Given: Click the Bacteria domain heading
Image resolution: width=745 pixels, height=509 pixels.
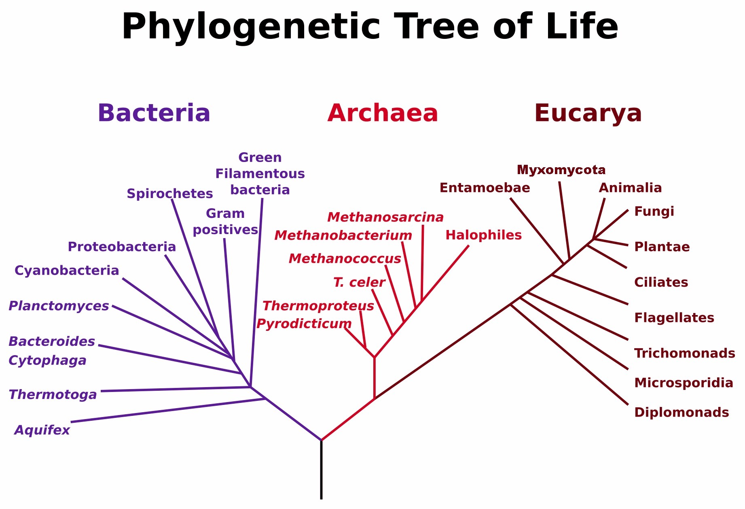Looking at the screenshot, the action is [154, 113].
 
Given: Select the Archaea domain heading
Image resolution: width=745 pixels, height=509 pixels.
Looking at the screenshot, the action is [383, 113].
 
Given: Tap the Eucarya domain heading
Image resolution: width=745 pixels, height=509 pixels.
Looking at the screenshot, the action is [588, 113].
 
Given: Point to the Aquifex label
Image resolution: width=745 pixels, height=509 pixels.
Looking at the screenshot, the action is [42, 430].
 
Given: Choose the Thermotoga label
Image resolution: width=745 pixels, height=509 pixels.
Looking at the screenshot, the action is [53, 394].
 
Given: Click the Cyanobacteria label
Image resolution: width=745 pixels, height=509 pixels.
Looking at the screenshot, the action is [67, 270].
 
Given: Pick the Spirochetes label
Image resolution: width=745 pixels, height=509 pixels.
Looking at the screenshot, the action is [170, 194].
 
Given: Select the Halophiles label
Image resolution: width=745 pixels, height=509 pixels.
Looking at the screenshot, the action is [484, 235].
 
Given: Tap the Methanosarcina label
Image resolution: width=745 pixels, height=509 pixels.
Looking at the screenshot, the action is [385, 217].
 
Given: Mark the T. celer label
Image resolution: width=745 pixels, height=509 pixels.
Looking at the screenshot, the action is [359, 283].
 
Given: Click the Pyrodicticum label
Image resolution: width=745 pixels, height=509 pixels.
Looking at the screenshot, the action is [304, 324].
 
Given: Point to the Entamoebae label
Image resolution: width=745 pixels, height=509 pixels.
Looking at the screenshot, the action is [485, 188].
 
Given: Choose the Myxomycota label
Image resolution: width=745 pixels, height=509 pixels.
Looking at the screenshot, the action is [561, 170].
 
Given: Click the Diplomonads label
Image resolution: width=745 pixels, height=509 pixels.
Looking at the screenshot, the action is [682, 413].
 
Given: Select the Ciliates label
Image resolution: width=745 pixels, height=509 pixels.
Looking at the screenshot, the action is [661, 282].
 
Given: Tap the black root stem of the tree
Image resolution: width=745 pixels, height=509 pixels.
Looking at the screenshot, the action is [322, 470].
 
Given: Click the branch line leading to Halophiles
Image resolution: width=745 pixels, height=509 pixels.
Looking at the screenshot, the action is [445, 274].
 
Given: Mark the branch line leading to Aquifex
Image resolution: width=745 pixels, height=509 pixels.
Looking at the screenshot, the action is [168, 411].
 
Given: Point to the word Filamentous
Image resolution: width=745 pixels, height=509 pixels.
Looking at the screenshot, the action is [260, 174].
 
